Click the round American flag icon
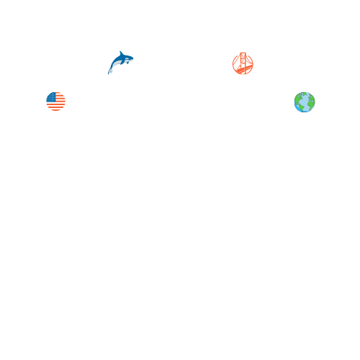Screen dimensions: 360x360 (55, 102)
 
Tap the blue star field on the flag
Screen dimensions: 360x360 (51, 96)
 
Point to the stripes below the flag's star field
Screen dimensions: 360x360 (55, 107)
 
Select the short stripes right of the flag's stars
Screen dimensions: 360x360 (60, 97)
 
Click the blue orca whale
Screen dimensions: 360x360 (120, 61)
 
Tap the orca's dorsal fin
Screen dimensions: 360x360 (120, 53)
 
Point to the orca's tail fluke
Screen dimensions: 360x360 (110, 71)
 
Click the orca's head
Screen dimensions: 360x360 (129, 58)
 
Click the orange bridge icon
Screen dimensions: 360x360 (243, 63)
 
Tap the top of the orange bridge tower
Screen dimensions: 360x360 (243, 54)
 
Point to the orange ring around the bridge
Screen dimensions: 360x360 (234, 63)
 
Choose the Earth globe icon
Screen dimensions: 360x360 (305, 102)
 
